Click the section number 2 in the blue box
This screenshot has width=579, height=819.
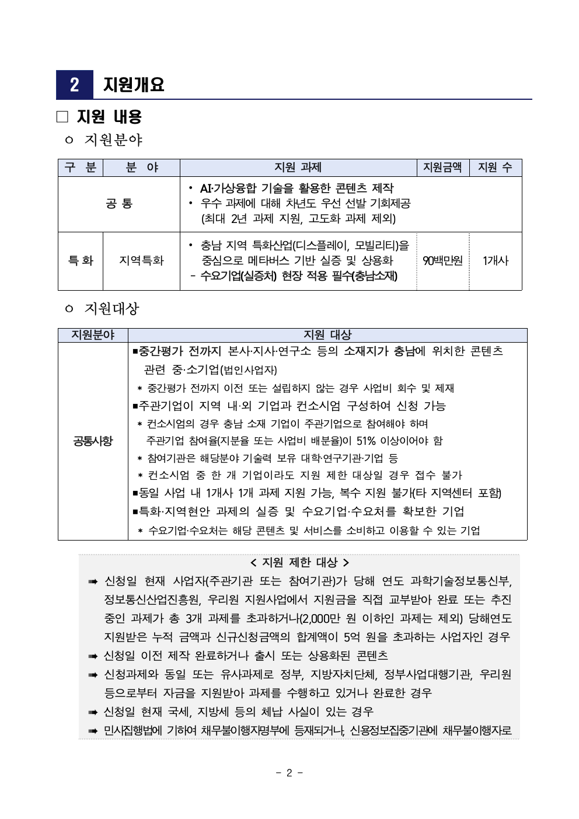(74, 85)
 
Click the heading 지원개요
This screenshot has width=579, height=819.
(134, 85)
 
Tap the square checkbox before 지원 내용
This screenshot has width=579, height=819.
(62, 117)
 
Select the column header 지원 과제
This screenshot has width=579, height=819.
(298, 168)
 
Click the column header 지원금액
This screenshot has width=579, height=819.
(442, 168)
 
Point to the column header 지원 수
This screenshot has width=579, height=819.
(495, 168)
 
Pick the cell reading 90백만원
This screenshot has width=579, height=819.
(442, 261)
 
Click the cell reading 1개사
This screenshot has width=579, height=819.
(495, 261)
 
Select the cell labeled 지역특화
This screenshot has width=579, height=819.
(141, 261)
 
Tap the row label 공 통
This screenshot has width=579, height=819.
(119, 204)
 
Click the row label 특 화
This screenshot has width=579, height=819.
(81, 261)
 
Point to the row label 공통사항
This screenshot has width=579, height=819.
(93, 441)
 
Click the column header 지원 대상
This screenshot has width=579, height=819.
(327, 335)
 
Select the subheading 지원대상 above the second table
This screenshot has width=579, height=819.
(112, 309)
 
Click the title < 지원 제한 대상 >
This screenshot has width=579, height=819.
(299, 562)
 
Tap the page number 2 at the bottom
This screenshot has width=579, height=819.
(289, 773)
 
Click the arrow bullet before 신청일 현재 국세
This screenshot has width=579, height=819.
(93, 712)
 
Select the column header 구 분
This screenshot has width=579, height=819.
(81, 168)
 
